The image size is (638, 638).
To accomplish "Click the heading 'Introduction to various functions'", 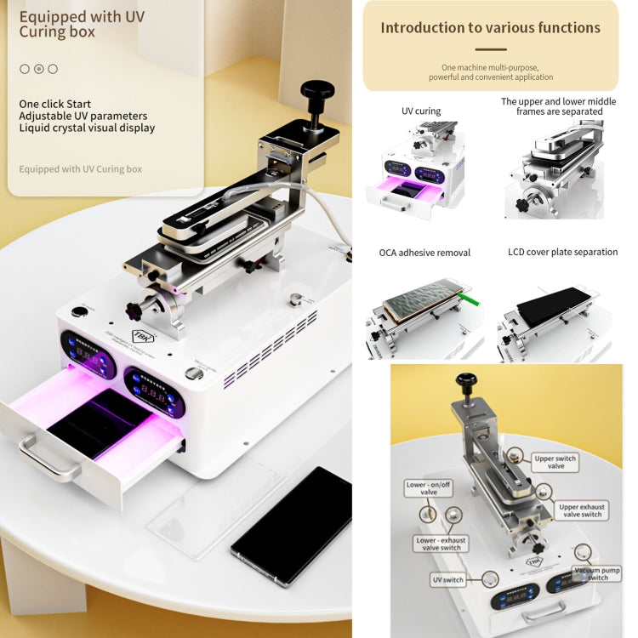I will (490, 27).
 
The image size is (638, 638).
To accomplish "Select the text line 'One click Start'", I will (55, 104).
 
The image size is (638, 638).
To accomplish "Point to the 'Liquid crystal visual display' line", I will (87, 128).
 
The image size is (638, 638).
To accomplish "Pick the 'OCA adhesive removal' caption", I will (424, 253).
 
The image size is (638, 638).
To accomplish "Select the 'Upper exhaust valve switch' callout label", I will (580, 510).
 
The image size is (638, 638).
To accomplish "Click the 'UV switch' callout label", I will (447, 580).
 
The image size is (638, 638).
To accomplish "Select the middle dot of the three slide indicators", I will (38, 69).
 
